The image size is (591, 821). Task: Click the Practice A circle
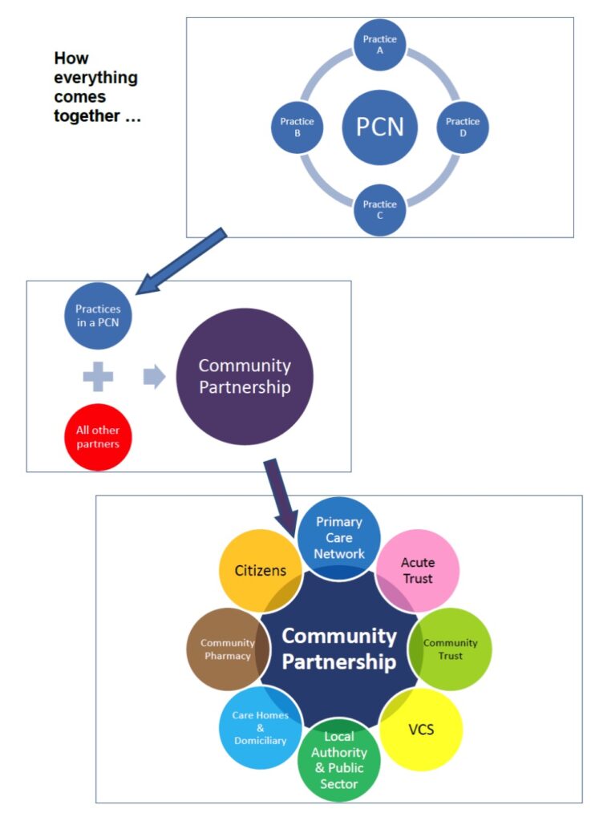[380, 44]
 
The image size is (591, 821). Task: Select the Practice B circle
[297, 127]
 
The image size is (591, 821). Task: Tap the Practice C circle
[380, 210]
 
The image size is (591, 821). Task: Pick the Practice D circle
[463, 127]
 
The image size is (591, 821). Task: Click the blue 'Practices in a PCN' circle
[97, 316]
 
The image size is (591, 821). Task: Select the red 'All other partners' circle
[98, 436]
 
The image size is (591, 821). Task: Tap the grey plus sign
[98, 376]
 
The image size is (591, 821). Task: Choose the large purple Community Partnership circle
[244, 377]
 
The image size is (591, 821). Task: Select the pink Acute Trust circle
[417, 569]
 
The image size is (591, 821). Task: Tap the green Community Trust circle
[451, 648]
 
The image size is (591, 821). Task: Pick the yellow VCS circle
[420, 730]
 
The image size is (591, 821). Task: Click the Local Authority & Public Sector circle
[339, 760]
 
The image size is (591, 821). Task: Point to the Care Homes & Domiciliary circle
[259, 727]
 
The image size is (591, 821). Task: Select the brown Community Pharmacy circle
[227, 648]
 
